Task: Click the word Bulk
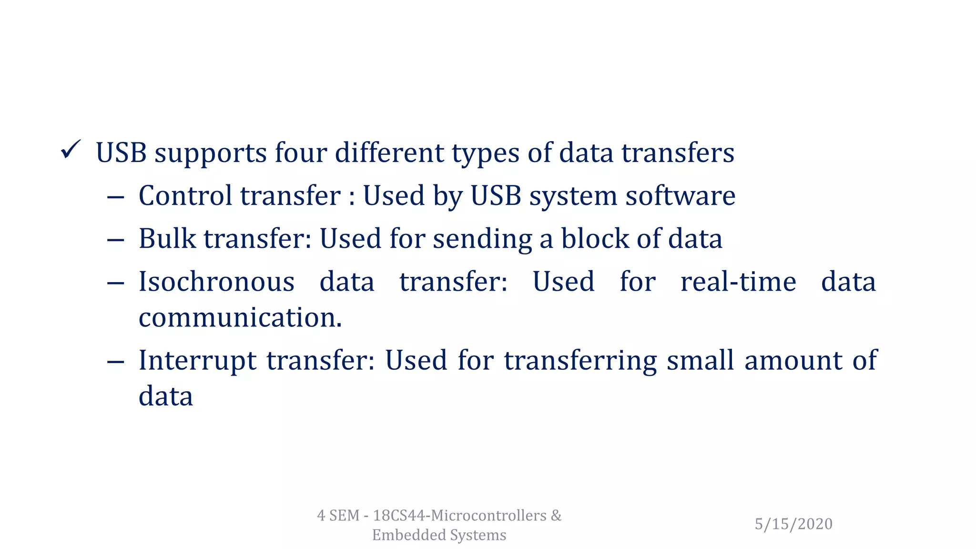(167, 239)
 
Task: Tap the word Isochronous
(216, 282)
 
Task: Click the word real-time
(738, 282)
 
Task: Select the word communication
(240, 318)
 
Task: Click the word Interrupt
(197, 361)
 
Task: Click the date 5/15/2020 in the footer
(793, 524)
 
